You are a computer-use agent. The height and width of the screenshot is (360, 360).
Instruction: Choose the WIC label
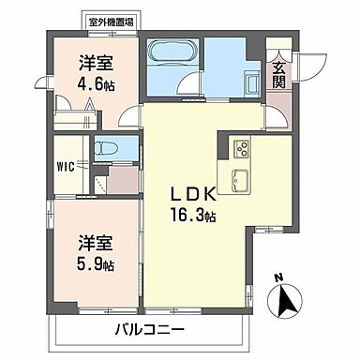65,168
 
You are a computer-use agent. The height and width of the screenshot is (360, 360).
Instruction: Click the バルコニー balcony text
150,329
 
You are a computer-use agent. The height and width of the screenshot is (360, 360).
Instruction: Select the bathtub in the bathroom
172,52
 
